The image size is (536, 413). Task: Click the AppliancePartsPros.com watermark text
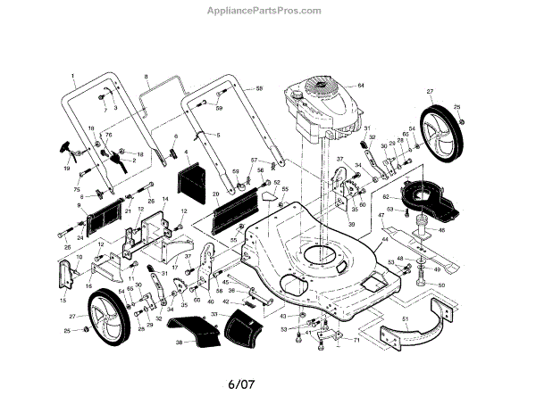[x=269, y=12]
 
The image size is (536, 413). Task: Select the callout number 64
[x=362, y=85]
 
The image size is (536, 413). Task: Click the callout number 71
[x=356, y=340]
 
